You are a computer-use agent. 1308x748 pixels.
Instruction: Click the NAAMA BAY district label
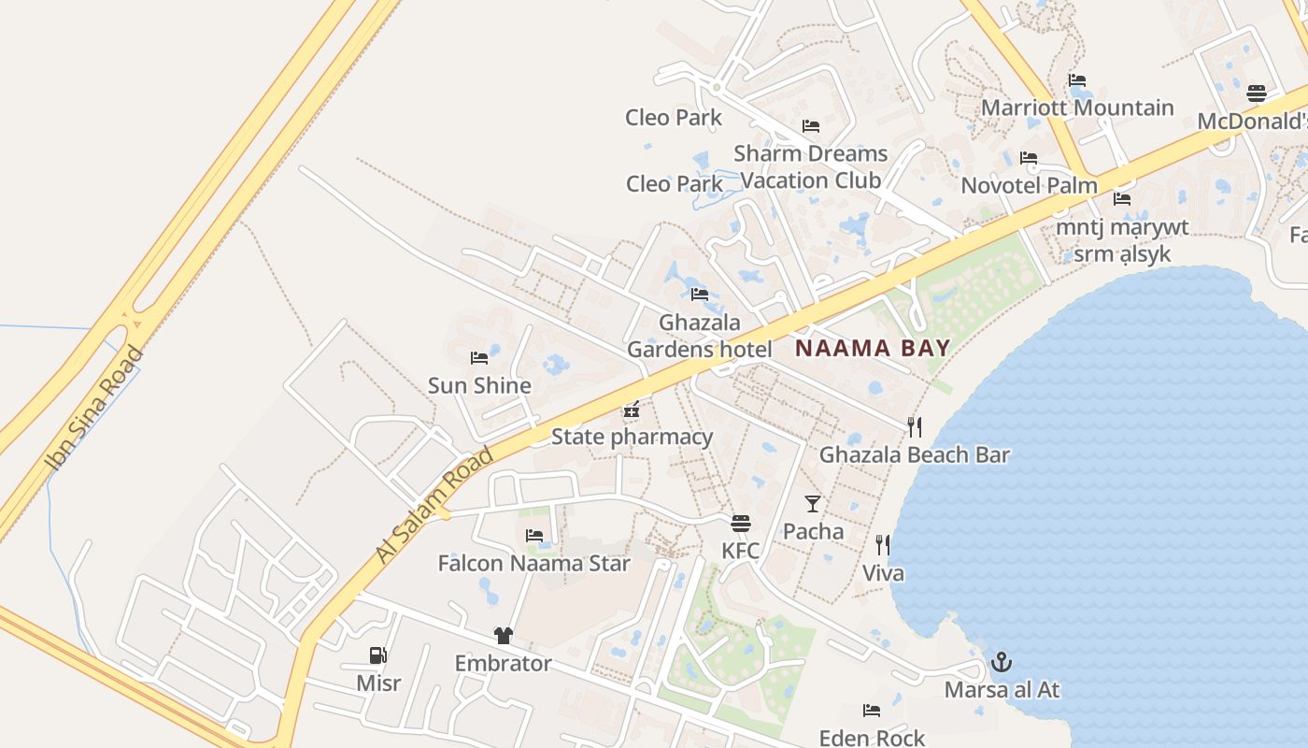(x=873, y=349)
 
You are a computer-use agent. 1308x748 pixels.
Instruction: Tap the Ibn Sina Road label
(x=93, y=410)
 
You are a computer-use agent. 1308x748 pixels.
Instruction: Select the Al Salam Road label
(x=434, y=505)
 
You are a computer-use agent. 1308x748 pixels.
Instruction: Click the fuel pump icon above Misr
(x=378, y=655)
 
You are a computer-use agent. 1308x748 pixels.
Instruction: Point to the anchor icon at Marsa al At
(x=1001, y=663)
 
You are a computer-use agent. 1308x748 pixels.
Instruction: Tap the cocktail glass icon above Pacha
(x=813, y=504)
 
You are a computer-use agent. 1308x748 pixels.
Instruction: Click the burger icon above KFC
(x=741, y=523)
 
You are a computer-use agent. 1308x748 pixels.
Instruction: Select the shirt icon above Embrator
(x=504, y=636)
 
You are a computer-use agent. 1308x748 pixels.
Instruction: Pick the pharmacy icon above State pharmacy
(x=632, y=410)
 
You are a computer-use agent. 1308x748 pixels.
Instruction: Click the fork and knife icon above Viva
(x=882, y=545)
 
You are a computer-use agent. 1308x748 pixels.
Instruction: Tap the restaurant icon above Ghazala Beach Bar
(x=915, y=427)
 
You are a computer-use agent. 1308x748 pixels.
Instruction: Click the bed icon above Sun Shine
(x=479, y=358)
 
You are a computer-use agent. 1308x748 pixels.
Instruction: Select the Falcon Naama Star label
(x=533, y=563)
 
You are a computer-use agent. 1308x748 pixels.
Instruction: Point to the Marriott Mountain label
(x=1077, y=108)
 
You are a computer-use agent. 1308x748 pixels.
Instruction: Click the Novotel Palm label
(x=1029, y=185)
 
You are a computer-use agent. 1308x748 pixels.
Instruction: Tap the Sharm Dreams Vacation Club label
(x=810, y=166)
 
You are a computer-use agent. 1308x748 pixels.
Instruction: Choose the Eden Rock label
(x=872, y=738)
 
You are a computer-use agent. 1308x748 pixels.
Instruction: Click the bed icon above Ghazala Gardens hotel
(x=699, y=295)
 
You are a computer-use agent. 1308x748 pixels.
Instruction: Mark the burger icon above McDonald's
(x=1257, y=93)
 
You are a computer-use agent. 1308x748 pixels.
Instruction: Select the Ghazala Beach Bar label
(x=915, y=455)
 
